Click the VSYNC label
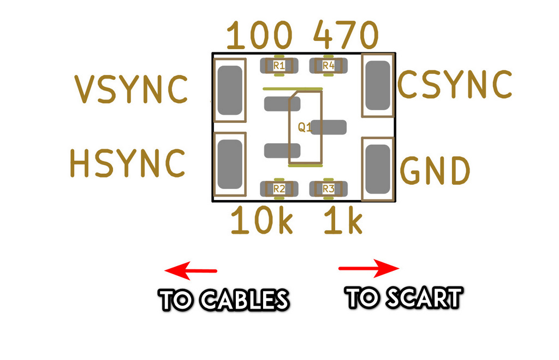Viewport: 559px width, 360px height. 131,90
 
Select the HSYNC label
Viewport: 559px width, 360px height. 128,163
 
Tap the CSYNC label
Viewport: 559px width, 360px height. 455,84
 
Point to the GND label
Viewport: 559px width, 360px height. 435,171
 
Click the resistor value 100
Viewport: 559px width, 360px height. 259,37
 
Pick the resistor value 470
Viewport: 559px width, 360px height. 345,37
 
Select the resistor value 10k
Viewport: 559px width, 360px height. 262,221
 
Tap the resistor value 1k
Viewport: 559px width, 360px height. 343,221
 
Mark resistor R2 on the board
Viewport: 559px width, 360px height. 279,189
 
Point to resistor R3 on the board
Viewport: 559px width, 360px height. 328,189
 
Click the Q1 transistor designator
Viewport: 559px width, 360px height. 304,128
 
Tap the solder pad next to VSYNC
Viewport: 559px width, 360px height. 230,90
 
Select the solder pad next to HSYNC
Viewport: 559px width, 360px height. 230,164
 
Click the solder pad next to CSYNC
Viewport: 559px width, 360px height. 378,85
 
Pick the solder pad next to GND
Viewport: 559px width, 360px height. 378,169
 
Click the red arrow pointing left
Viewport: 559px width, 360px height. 191,270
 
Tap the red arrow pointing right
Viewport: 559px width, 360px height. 369,268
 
